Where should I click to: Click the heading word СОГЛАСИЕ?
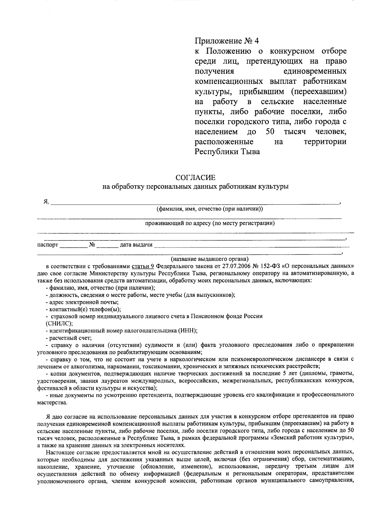[195, 178]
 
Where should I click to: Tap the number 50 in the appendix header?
[270, 132]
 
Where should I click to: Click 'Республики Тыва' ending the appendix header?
[227, 152]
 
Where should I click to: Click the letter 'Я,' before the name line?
[46, 202]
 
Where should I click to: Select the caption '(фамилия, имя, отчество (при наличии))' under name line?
[210, 209]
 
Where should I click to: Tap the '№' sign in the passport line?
[92, 245]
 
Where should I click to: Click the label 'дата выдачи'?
[136, 245]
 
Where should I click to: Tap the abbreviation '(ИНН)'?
[187, 330]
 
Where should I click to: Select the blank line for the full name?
[194, 203]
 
